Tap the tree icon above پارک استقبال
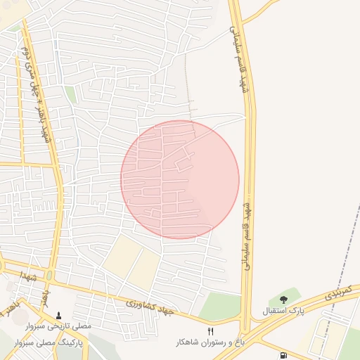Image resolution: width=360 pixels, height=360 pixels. tap(283, 300)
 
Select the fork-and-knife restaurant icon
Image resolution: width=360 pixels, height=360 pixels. tap(210, 331)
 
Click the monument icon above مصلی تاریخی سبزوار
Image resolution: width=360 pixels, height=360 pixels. tap(58, 316)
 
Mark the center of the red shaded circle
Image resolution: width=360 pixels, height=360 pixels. tap(180, 179)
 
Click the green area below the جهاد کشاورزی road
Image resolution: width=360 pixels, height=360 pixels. tap(219, 307)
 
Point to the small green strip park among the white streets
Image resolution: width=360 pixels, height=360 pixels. tap(70, 94)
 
